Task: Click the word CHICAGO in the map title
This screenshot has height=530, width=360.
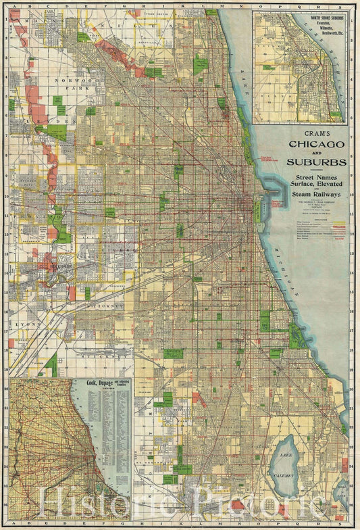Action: tap(317, 144)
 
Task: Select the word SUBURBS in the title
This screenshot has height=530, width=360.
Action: tap(316, 162)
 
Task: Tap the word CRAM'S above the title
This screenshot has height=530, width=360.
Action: tap(316, 132)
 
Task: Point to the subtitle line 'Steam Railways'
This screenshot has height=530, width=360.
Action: tap(316, 195)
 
